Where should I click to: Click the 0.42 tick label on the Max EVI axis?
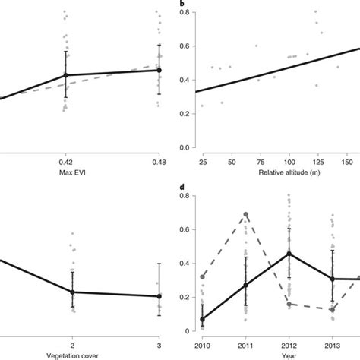[x=65, y=162]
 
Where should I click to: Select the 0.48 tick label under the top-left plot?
[x=159, y=162]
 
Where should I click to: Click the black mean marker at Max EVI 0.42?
[x=65, y=75]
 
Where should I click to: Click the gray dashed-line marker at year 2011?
[x=245, y=215]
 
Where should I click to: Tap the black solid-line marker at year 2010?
[x=202, y=320]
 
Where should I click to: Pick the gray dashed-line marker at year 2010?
[x=202, y=277]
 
